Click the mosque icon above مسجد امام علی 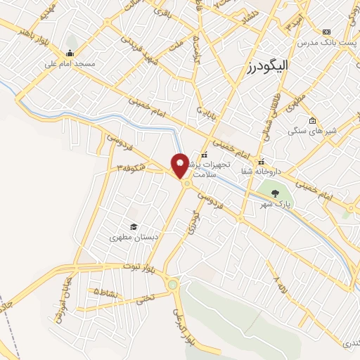click(x=70, y=53)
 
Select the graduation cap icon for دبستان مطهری click(x=133, y=226)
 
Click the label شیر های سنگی click(x=333, y=131)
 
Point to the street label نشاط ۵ click(x=105, y=291)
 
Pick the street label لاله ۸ click(x=281, y=287)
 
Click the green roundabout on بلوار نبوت click(x=173, y=284)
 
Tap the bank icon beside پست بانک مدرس click(x=326, y=31)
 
